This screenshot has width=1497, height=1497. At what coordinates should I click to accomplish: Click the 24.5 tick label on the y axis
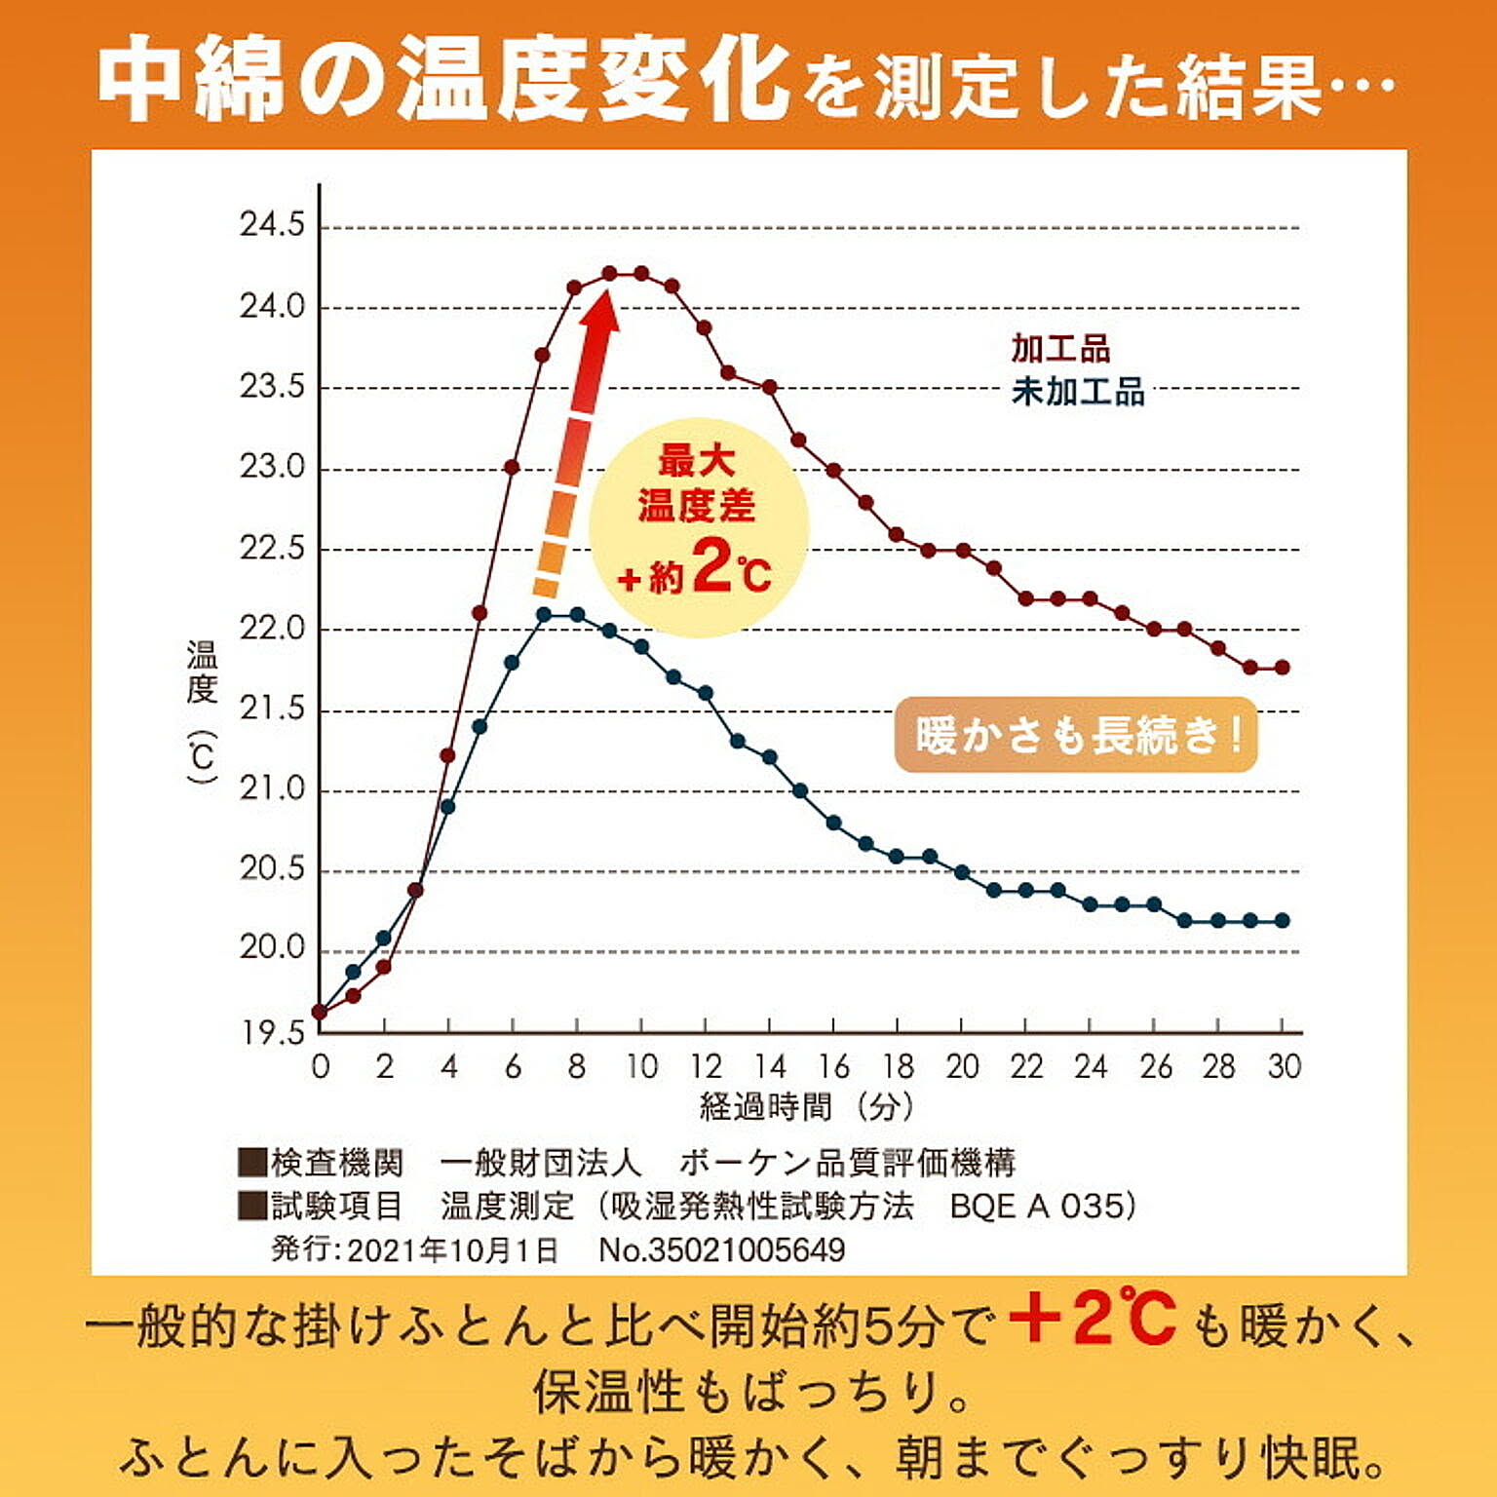(x=272, y=226)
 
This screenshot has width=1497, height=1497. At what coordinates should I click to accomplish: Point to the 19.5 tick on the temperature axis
(x=272, y=1032)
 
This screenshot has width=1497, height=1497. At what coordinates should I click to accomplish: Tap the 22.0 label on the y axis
(x=272, y=629)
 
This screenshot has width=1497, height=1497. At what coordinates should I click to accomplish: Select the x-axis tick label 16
(x=834, y=1067)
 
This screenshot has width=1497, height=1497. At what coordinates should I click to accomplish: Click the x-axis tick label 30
(x=1284, y=1067)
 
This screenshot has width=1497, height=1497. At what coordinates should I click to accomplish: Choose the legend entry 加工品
(x=1060, y=348)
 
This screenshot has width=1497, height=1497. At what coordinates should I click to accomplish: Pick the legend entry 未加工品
(x=1078, y=392)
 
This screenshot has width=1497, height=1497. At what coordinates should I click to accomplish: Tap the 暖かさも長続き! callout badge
(x=1076, y=735)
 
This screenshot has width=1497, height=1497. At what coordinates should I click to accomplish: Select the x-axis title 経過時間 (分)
(x=807, y=1107)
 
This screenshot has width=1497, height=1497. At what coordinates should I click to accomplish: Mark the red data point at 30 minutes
(x=1283, y=668)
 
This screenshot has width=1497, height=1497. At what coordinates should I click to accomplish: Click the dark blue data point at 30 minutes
(x=1283, y=921)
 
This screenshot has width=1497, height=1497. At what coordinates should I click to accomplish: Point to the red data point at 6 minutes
(x=512, y=468)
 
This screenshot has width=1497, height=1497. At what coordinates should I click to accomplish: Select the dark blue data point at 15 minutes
(x=800, y=791)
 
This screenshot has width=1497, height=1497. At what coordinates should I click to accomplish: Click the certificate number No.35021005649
(x=722, y=1250)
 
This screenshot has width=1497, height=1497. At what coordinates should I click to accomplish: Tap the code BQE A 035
(x=1037, y=1207)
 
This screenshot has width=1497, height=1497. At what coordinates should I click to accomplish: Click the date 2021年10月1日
(x=452, y=1250)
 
